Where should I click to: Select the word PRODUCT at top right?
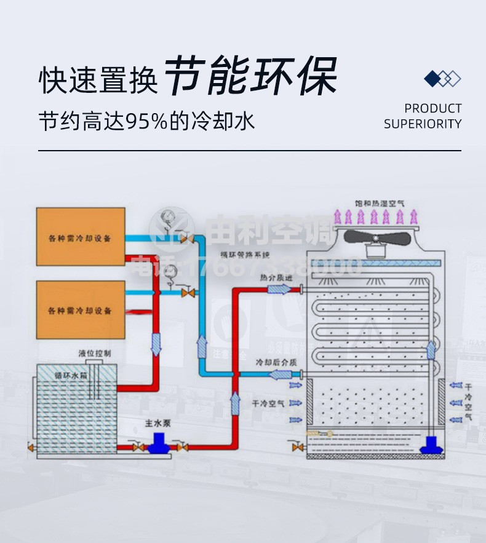point(432,108)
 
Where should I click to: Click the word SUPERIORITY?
point(423,124)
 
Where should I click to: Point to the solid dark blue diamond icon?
point(433,79)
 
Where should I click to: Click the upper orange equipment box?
point(80,237)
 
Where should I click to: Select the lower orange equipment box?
point(80,309)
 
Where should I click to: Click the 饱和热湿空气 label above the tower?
point(380,202)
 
